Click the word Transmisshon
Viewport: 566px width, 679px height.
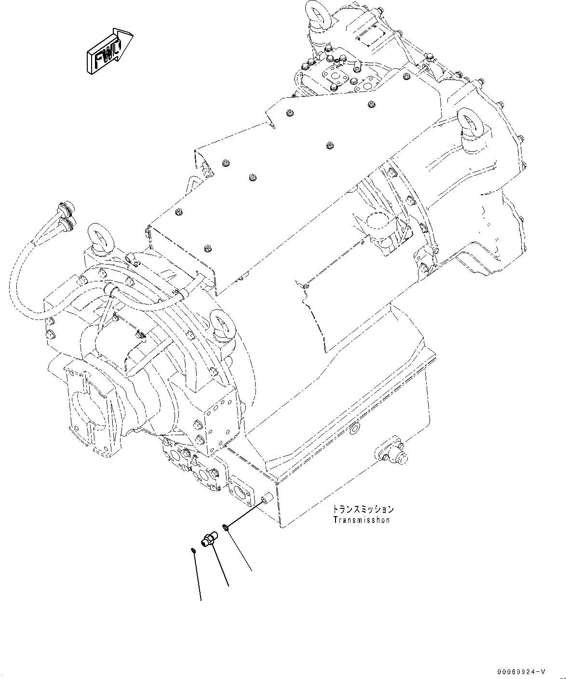point(362,520)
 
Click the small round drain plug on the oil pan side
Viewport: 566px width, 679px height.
point(356,427)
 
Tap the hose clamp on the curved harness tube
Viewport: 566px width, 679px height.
point(111,289)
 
